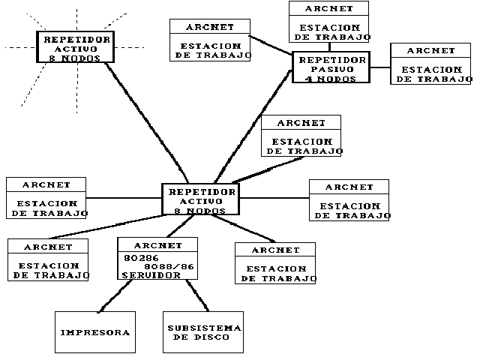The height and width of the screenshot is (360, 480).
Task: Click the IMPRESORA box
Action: click(x=95, y=331)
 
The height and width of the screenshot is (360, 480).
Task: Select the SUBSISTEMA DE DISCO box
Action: click(x=203, y=331)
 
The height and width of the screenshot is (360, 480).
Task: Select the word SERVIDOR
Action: click(x=151, y=274)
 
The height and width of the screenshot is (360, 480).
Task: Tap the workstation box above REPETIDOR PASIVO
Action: click(x=329, y=22)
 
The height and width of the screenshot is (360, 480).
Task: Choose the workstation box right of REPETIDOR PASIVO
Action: click(x=431, y=64)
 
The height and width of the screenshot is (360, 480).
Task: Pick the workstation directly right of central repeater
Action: click(x=349, y=200)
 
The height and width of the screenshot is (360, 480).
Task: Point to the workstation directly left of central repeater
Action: click(x=46, y=198)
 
